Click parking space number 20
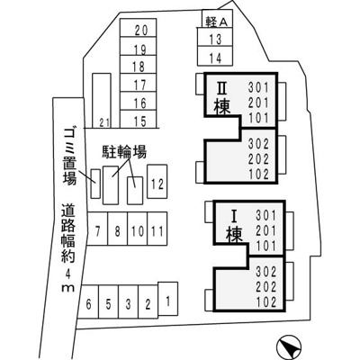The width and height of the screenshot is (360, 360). coord(138,28)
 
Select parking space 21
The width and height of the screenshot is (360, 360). coord(102,101)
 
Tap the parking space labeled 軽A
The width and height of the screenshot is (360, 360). coord(218,19)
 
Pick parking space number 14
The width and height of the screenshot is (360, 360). coord(215,56)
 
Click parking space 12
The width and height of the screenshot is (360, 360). coord(157,182)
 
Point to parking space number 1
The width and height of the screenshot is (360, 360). coord(167,299)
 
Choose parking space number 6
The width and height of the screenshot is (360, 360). coord(88,301)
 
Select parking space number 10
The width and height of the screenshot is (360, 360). coord(137,229)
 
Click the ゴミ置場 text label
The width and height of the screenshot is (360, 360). coord(69,157)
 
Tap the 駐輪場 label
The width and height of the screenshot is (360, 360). coord(124,152)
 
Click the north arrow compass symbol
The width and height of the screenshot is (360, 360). coord(288,347)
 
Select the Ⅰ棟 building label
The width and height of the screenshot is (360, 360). coord(234,226)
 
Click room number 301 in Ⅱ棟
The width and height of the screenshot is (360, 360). coord(258,88)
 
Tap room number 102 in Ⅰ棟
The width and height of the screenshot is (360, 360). coord(266,301)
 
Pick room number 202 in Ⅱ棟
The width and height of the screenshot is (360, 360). coord(258,159)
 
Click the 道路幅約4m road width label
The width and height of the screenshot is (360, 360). coord(68,247)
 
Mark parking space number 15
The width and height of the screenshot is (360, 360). coord(138,119)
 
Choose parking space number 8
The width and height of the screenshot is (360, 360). coord(118,229)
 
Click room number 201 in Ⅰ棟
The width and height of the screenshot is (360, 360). coord(266,230)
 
